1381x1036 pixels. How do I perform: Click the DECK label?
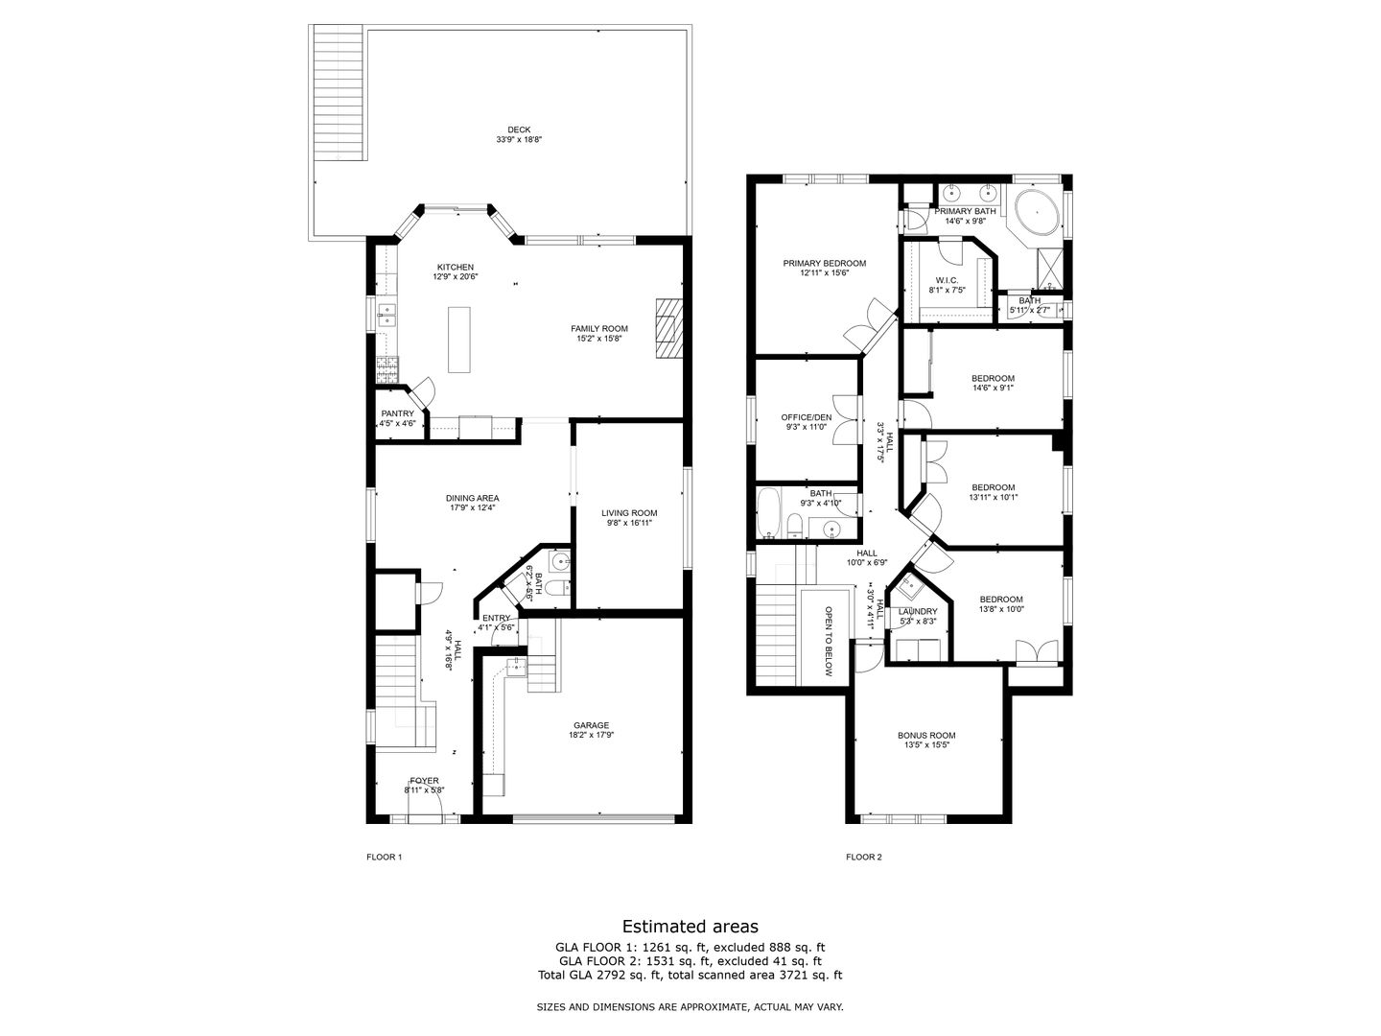pos(519,130)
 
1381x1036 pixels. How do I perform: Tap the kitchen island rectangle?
pos(460,339)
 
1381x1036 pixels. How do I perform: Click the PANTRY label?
pos(397,413)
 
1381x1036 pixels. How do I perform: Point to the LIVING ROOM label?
pos(629,513)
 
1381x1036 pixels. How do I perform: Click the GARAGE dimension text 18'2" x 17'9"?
pos(591,736)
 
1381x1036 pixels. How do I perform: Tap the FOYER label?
pos(424,781)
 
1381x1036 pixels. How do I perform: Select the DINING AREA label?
pos(472,498)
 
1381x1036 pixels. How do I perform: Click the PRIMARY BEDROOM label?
pos(824,264)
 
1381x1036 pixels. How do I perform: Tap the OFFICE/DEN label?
pos(806,417)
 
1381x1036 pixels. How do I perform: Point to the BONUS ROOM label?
pos(926,736)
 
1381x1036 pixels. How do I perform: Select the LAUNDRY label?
pos(918,611)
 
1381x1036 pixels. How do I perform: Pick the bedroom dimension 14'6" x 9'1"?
pos(993,388)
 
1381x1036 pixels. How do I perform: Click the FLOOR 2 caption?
pos(863,857)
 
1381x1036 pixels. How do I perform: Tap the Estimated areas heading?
pos(690,927)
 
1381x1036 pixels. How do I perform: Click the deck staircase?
pos(338,96)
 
